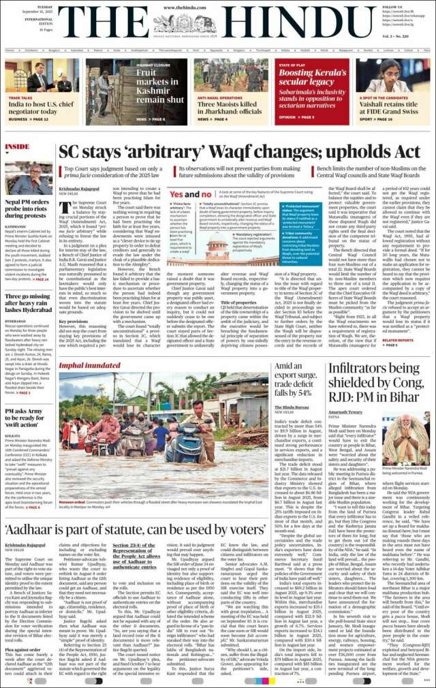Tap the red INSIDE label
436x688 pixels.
(x=17, y=146)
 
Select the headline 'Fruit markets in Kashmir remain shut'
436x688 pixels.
(x=157, y=85)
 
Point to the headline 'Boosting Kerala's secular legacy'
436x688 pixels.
(x=313, y=76)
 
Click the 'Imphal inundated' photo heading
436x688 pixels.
(x=90, y=366)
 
